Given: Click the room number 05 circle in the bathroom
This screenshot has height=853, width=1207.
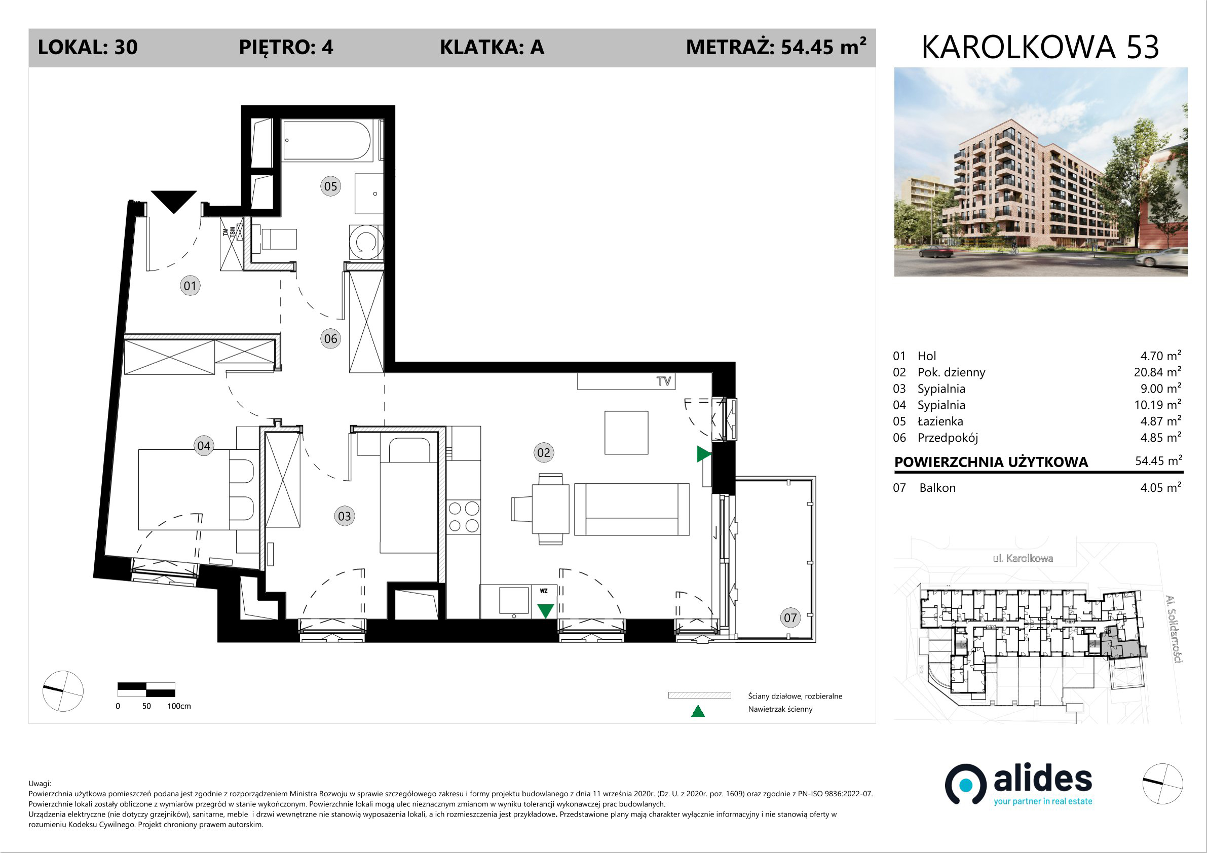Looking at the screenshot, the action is [330, 186].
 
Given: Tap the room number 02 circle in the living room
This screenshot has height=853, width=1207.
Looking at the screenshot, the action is [544, 452].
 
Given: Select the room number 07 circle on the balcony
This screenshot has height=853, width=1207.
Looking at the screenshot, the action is [790, 617].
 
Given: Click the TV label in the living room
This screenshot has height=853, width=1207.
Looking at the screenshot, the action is [663, 381].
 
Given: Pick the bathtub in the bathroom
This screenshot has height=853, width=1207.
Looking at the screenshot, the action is [326, 140].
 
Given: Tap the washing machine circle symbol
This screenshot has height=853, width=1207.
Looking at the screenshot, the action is [366, 242].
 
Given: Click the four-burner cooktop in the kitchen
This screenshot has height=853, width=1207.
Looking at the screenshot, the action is [464, 517].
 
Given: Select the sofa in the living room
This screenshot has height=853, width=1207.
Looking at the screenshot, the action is [632, 509].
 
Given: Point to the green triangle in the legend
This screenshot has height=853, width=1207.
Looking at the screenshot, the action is [698, 711].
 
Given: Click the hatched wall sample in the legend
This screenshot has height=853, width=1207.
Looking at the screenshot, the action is [700, 695].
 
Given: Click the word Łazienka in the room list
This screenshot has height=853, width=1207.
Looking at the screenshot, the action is [940, 421].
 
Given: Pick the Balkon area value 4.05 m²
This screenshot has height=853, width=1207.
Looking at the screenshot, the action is [1161, 487].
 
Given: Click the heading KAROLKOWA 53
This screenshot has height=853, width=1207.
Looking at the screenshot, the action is [1040, 47].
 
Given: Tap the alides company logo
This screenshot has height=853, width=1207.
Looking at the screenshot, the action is [1019, 785].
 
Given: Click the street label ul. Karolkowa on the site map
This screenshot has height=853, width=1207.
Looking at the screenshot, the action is [1023, 558].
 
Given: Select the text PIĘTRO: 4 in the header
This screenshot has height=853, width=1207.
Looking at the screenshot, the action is [286, 48].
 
